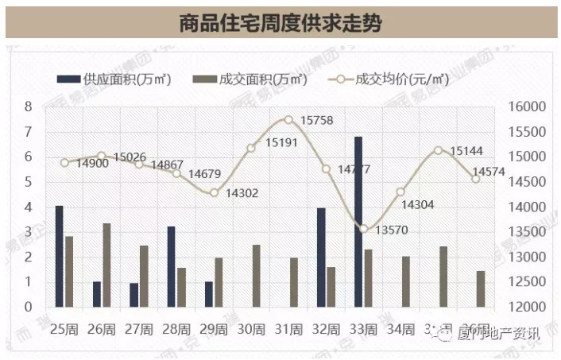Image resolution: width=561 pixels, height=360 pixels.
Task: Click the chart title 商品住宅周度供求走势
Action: [280, 23]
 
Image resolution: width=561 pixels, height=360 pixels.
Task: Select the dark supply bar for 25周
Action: [60, 256]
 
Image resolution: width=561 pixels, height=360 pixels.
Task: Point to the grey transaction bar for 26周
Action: [106, 265]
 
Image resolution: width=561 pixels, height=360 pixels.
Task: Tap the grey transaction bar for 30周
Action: [256, 276]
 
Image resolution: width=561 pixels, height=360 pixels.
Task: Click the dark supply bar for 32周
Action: [321, 257]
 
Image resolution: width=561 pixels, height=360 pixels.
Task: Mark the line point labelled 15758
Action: [288, 120]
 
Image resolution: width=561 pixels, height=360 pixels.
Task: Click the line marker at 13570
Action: [363, 229]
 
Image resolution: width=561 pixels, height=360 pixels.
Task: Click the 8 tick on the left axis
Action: [28, 106]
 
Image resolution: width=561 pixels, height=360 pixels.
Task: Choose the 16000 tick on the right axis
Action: [523, 107]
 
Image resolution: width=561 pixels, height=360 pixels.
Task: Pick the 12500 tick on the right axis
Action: [523, 282]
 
